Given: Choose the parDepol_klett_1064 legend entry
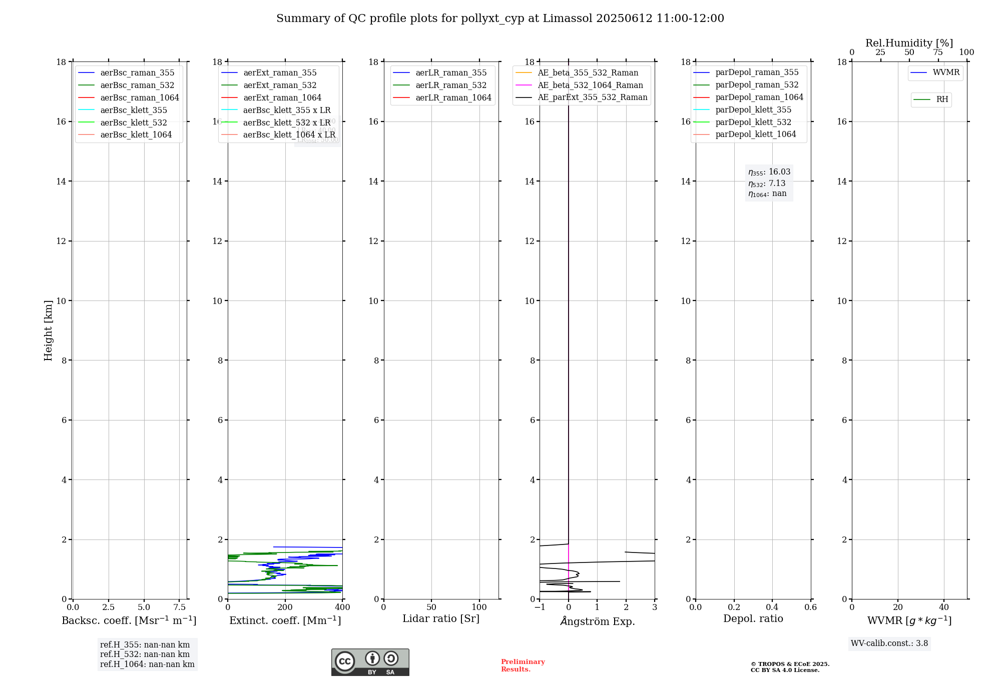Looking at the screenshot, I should [755, 134].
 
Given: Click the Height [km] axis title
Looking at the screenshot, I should [48, 330].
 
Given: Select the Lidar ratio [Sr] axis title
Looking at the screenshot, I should [441, 619].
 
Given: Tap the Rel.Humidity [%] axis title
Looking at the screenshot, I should [909, 43].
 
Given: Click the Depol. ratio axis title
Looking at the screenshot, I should [753, 619].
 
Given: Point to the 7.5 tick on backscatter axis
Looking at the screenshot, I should [180, 607].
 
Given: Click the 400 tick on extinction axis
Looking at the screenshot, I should [342, 607].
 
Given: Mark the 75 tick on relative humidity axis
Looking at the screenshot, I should [938, 52].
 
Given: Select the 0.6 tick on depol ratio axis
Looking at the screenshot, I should [810, 607].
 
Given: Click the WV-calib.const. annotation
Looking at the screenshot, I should [889, 643].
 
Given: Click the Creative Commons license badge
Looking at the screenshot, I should [370, 662].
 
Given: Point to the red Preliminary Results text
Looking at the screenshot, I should [523, 665].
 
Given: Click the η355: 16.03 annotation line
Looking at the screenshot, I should [769, 172].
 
